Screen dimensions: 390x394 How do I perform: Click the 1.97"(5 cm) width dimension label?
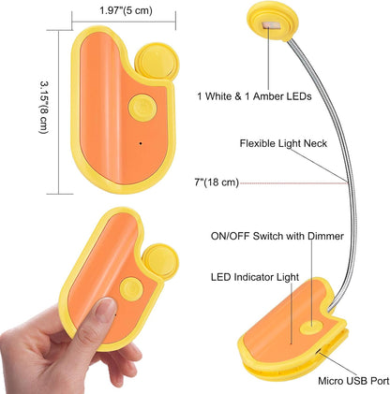click(x=126, y=10)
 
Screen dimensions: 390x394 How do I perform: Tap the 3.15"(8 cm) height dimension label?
click(x=44, y=108)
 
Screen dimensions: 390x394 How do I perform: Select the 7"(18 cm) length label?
click(x=217, y=182)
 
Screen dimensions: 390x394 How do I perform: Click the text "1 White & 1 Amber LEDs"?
click(x=254, y=96)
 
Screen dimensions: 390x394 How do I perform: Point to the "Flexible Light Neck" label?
click(x=283, y=143)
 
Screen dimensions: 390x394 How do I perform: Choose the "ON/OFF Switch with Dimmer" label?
click(x=277, y=236)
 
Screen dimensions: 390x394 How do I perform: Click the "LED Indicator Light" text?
click(x=255, y=277)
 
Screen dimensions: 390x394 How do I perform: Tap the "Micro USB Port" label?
click(x=353, y=381)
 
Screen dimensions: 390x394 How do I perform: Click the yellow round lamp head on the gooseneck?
click(x=273, y=22)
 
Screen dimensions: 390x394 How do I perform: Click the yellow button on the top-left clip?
click(x=142, y=108)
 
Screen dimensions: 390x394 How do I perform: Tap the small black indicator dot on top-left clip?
click(x=141, y=143)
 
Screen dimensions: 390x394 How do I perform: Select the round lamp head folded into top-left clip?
click(x=157, y=62)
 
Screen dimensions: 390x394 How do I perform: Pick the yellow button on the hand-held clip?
click(x=131, y=288)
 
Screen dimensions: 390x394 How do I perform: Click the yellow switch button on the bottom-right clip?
click(x=311, y=328)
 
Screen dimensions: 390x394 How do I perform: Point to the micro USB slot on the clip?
click(x=318, y=351)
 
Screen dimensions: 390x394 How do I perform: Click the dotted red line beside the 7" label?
click(x=293, y=183)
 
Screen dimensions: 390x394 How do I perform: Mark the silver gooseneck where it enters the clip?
click(x=331, y=307)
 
